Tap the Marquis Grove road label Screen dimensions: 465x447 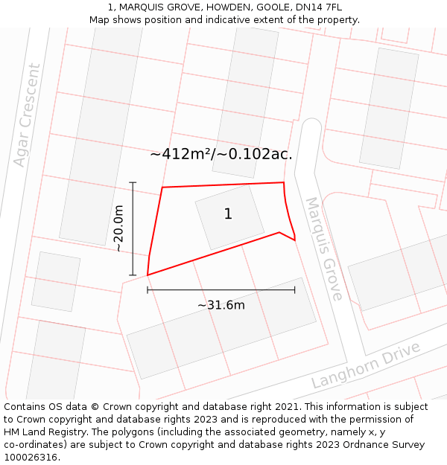point(325,248)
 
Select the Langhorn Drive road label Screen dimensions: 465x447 point(366,365)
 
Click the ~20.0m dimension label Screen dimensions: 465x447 point(119,229)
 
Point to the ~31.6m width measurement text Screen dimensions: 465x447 point(221,305)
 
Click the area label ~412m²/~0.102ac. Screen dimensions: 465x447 point(221,155)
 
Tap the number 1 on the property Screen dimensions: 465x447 point(228,214)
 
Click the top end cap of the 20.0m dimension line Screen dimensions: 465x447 point(133,182)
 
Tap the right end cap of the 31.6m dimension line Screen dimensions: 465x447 point(295,290)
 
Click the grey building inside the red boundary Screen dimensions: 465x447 point(229,217)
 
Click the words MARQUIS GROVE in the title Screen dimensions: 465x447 point(148,7)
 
